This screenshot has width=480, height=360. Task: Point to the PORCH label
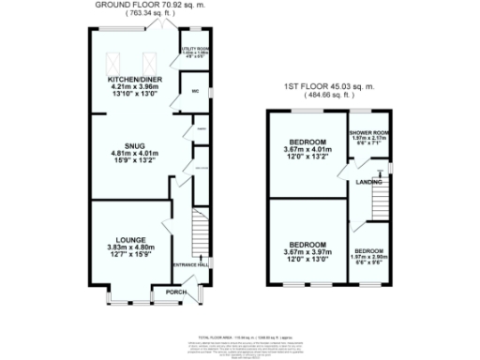174,292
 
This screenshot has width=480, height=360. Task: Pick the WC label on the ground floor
197,91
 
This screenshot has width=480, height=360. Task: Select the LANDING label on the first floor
368,183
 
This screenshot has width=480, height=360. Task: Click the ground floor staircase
198,230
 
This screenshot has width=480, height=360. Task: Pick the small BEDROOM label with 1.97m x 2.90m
368,251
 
